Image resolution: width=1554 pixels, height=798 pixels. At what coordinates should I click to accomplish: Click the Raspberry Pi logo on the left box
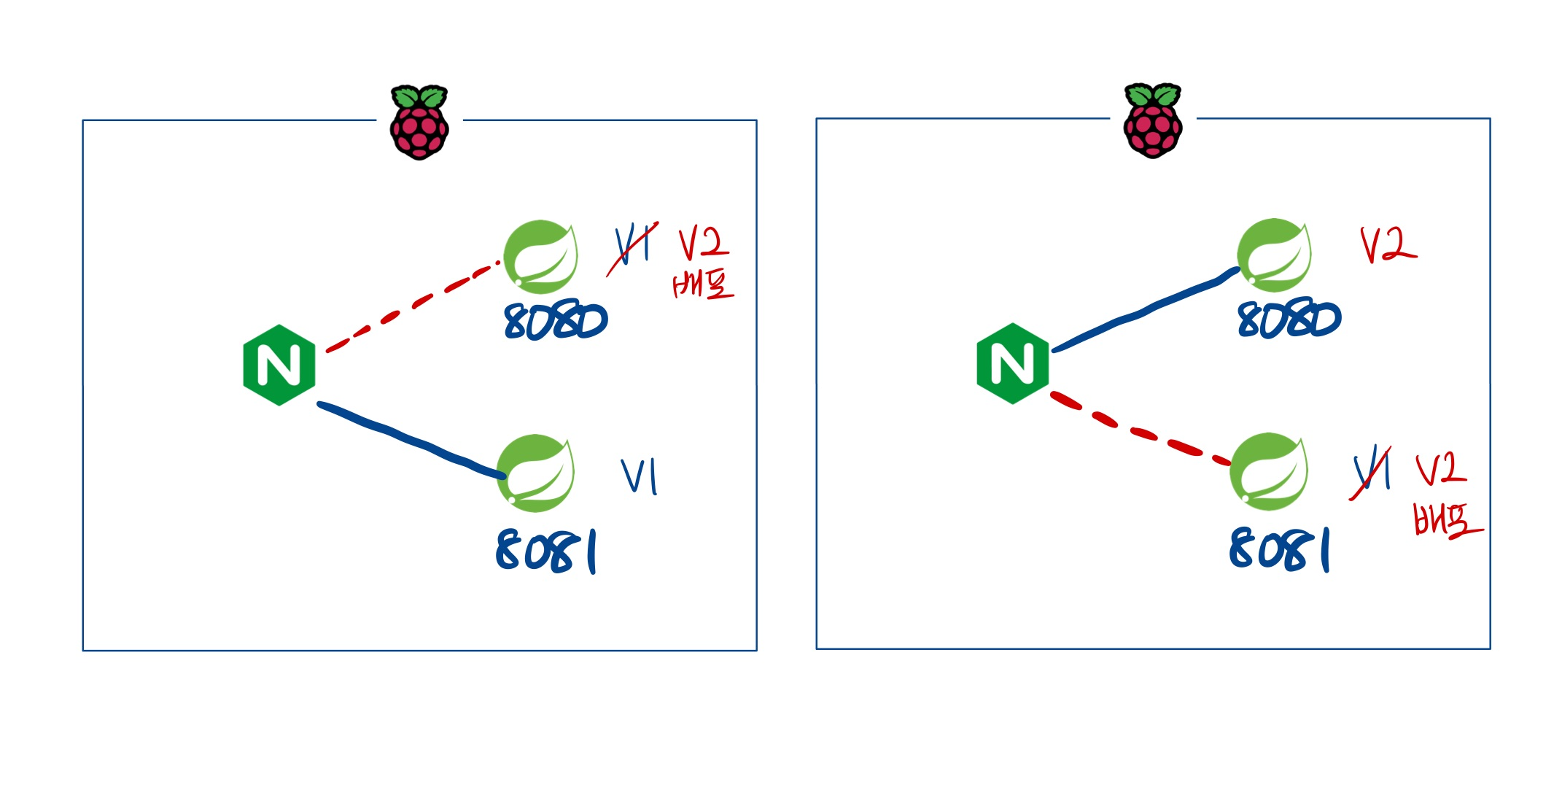coord(419,122)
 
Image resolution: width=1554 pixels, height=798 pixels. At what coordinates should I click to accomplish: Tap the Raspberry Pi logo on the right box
coord(1152,120)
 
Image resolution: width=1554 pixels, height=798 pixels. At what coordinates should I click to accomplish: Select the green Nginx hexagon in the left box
coord(279,365)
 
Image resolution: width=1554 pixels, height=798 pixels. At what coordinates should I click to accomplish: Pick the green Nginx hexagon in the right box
coord(1012,363)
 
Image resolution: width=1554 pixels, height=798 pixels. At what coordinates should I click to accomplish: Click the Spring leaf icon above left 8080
coord(540,257)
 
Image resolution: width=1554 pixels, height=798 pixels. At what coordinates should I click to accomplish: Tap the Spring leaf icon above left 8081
coord(535,473)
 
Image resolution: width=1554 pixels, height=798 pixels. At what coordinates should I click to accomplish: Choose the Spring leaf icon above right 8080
coord(1273,255)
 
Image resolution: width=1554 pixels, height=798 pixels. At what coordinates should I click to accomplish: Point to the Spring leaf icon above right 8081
coord(1268,471)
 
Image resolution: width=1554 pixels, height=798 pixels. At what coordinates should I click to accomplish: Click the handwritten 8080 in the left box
coord(556,321)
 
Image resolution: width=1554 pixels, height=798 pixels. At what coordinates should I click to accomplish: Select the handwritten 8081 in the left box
coord(546,551)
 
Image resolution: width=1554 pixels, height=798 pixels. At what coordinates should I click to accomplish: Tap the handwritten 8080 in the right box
coord(1289,319)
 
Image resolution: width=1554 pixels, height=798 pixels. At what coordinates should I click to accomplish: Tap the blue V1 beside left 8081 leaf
coord(640,476)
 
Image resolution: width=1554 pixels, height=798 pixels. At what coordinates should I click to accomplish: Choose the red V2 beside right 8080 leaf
coord(1387,245)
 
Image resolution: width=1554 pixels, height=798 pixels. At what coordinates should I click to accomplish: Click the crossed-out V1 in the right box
coord(1371,472)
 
